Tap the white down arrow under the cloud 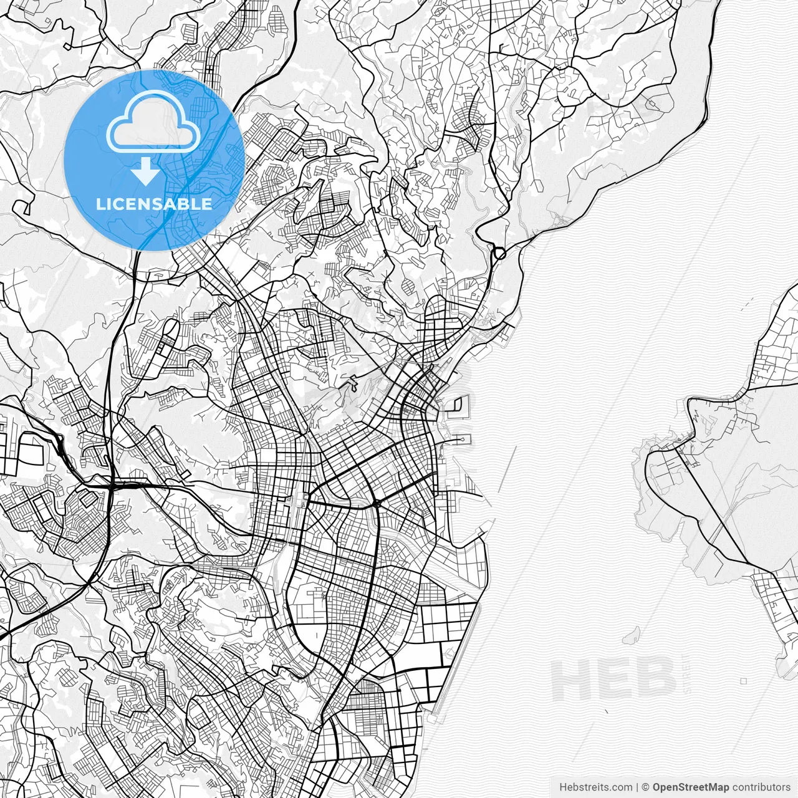click(x=147, y=171)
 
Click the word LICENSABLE click(x=154, y=204)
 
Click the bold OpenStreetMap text click(x=691, y=787)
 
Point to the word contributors click(x=761, y=787)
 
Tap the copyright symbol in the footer click(x=646, y=787)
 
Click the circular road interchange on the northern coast click(x=499, y=254)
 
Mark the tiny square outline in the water click(x=744, y=681)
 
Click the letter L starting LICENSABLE click(x=100, y=204)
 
